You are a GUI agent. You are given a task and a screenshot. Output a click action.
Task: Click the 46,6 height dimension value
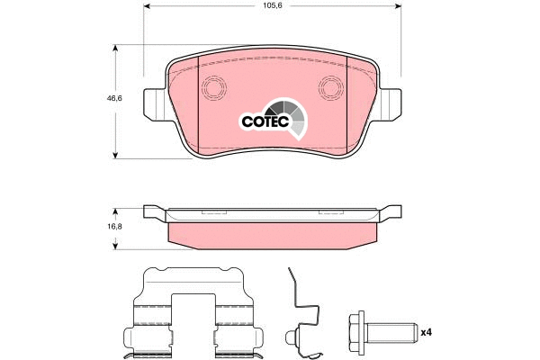pos(114,98)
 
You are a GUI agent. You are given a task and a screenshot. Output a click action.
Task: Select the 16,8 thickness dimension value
pos(115,227)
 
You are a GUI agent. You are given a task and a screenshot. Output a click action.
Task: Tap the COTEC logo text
pos(265,121)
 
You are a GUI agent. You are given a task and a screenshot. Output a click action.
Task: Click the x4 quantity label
pos(427,332)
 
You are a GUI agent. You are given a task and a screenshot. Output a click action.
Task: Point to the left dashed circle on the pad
pos(213,88)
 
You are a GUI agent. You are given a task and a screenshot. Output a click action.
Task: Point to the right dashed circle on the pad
pos(331,88)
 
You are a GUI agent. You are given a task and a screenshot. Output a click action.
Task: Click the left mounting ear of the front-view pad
pos(155,104)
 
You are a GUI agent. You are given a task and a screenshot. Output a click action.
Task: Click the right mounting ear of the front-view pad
pos(389,104)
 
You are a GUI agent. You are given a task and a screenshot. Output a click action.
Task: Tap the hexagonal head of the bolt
pos(357,331)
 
